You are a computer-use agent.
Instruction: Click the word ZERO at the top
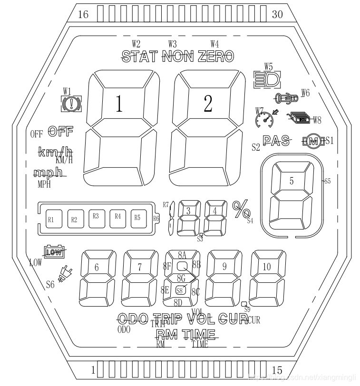pyautogui.click(x=216, y=57)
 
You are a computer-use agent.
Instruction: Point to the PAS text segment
pyautogui.click(x=276, y=141)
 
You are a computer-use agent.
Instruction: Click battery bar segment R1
pyautogui.click(x=52, y=219)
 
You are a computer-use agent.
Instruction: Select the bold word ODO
pyautogui.click(x=133, y=318)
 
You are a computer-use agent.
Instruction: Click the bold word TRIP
pyautogui.click(x=169, y=318)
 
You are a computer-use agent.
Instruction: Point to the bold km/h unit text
pyautogui.click(x=54, y=153)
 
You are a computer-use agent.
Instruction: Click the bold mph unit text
pyautogui.click(x=49, y=173)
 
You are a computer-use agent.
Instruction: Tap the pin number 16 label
pyautogui.click(x=83, y=15)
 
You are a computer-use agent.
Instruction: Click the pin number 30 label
pyautogui.click(x=277, y=15)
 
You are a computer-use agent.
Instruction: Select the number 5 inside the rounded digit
pyautogui.click(x=292, y=181)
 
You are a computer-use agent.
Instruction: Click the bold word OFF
pyautogui.click(x=60, y=131)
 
